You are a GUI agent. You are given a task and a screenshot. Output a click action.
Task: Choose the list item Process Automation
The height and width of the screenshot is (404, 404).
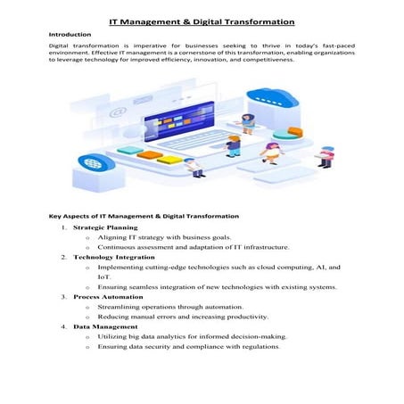coord(108,296)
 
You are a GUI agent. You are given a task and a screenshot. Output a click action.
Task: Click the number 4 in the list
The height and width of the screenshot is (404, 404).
coord(64,326)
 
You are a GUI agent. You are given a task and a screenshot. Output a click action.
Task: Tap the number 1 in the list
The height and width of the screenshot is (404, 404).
coord(64,228)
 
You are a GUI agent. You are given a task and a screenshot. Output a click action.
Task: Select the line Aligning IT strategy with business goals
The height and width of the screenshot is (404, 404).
coord(165,238)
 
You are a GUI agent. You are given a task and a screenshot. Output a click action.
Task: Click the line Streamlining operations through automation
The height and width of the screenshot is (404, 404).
coord(162,306)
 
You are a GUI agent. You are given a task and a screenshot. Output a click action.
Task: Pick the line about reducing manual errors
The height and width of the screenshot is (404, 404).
coord(169,316)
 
